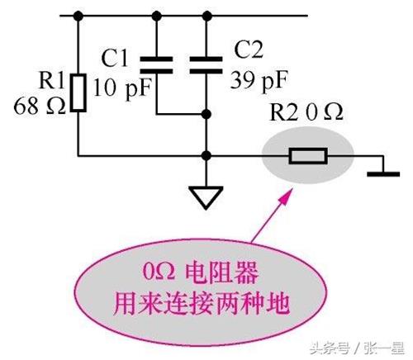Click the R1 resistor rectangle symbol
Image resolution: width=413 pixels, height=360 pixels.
click(78, 92)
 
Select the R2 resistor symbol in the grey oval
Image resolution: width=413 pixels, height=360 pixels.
click(308, 156)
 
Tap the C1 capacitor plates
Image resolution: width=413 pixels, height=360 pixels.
click(156, 65)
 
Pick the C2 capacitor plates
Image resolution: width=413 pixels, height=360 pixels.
click(206, 65)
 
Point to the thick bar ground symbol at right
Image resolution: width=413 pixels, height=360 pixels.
click(383, 174)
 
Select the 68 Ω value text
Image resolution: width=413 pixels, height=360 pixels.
click(40, 106)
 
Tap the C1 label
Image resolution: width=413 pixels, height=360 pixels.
click(115, 58)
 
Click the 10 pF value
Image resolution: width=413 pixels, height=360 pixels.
click(123, 88)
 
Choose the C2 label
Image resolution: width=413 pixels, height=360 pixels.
click(249, 50)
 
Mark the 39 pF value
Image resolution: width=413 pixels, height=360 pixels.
click(259, 80)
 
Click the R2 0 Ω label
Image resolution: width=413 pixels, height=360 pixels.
click(306, 112)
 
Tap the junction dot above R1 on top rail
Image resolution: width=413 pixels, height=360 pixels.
click(78, 16)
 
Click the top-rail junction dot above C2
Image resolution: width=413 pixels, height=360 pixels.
click(206, 16)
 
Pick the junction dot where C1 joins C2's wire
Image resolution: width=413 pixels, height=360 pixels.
click(206, 114)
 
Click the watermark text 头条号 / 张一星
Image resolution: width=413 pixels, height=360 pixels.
click(357, 348)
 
